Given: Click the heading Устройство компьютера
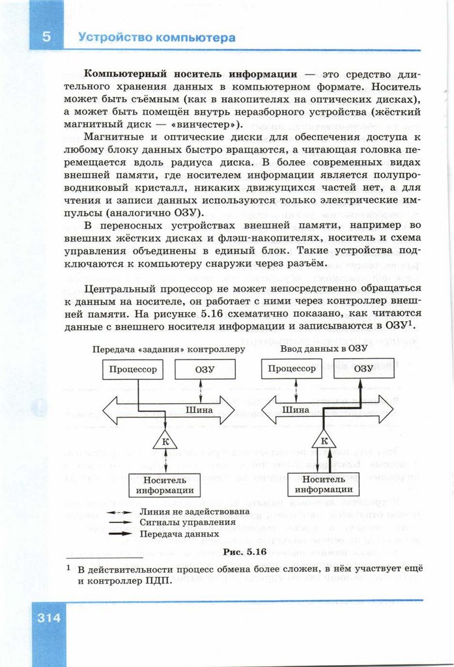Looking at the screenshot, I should pyautogui.click(x=156, y=38).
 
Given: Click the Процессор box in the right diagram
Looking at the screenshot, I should pyautogui.click(x=292, y=369).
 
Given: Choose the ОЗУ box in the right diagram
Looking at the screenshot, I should pyautogui.click(x=363, y=369).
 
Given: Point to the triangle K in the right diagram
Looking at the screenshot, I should pyautogui.click(x=324, y=442).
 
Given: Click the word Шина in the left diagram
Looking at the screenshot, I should pyautogui.click(x=199, y=410).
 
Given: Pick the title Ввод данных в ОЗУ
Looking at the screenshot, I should pyautogui.click(x=324, y=348).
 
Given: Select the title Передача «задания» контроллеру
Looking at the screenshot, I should pyautogui.click(x=169, y=349).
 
